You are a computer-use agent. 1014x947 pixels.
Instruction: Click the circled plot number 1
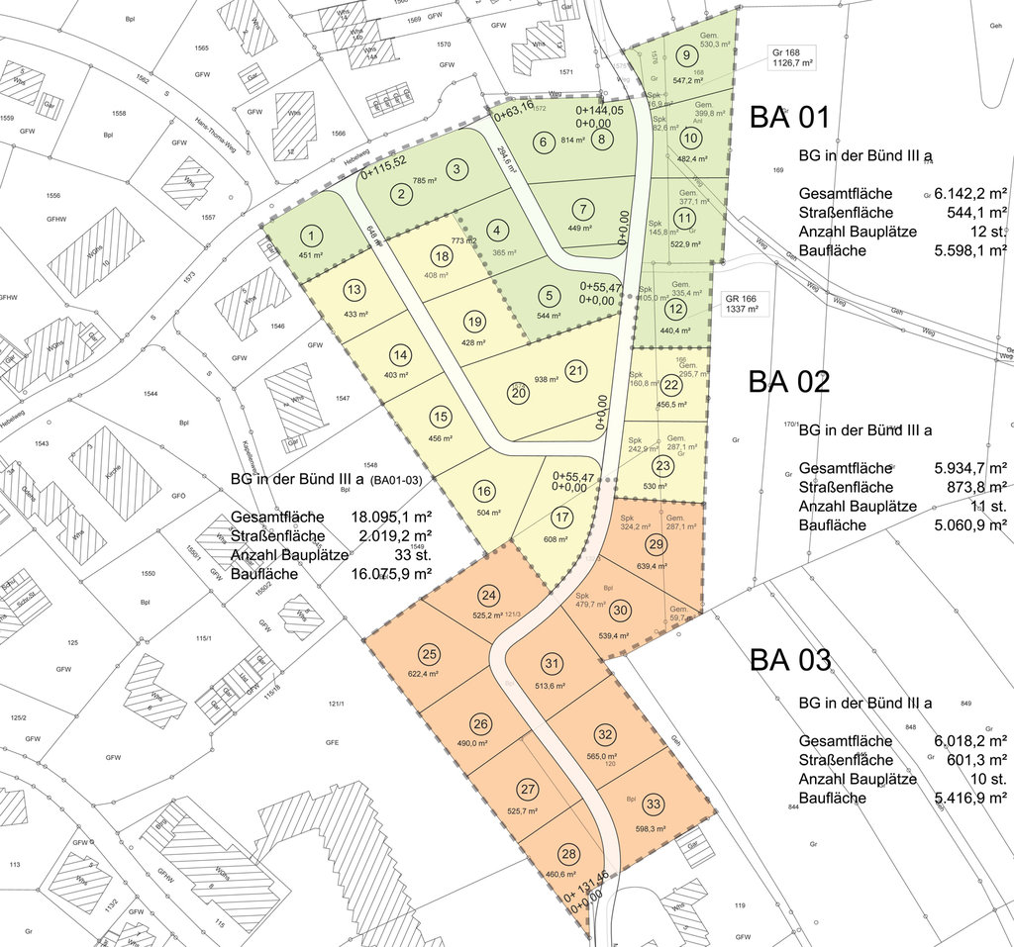[x=312, y=236]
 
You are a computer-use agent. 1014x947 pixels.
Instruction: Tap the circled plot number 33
[x=653, y=804]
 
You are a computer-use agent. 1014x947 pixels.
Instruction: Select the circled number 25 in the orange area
[x=429, y=654]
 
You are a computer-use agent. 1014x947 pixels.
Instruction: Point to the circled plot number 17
[x=561, y=517]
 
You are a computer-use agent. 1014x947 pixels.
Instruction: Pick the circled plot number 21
[x=575, y=371]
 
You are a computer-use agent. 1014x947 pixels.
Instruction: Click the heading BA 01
[x=788, y=118]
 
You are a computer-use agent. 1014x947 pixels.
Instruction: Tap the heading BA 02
[x=788, y=382]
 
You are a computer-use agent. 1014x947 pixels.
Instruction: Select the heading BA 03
[x=789, y=659]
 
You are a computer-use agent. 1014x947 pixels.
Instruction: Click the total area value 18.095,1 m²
[x=391, y=517]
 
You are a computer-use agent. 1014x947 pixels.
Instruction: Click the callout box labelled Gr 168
[x=792, y=56]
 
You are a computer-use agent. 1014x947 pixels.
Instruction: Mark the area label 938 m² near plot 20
[x=547, y=380]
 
